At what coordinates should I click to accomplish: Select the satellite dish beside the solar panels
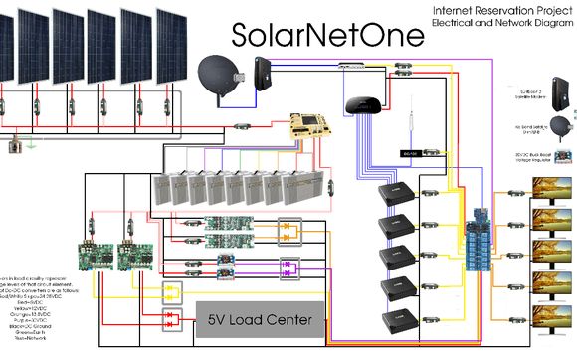tap(219, 75)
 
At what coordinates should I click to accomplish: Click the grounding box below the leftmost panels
tap(15, 147)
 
